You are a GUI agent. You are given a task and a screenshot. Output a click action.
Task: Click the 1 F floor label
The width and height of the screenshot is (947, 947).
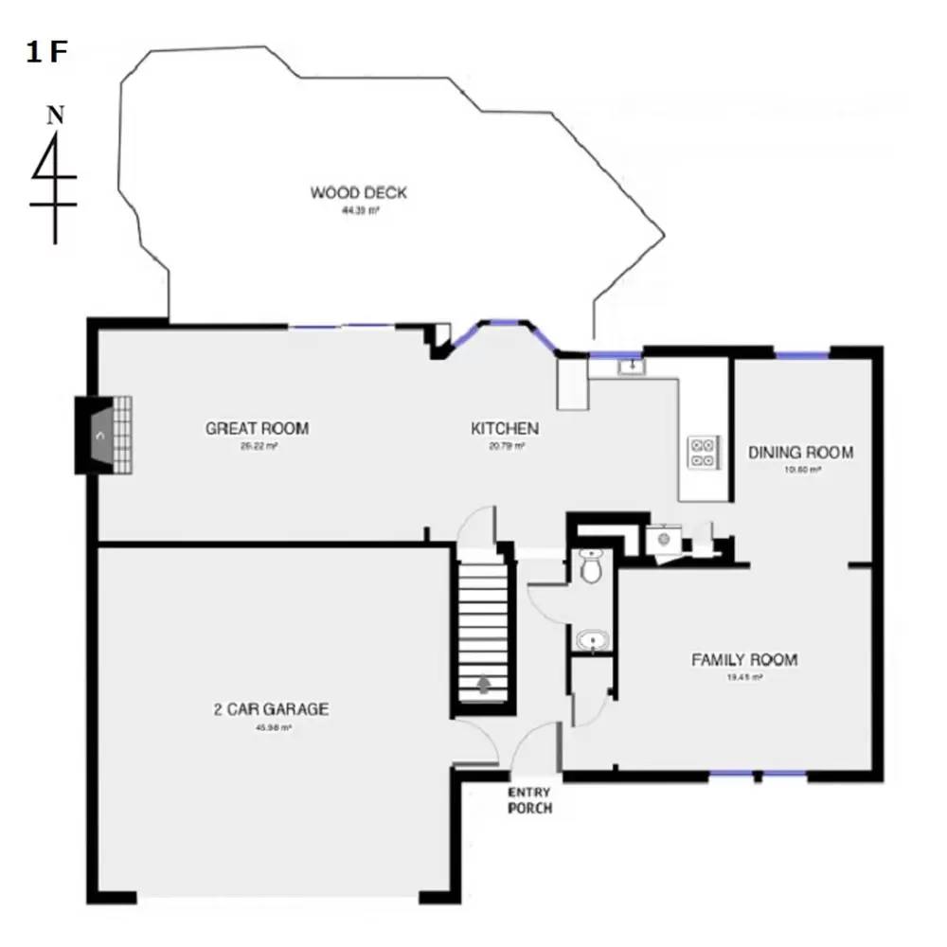(46, 53)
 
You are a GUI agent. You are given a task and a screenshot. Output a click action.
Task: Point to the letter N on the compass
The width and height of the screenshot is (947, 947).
(56, 116)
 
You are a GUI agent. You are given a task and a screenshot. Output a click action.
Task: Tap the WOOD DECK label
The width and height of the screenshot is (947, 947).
(359, 193)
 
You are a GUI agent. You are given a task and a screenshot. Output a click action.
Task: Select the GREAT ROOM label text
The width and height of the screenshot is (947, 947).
(257, 428)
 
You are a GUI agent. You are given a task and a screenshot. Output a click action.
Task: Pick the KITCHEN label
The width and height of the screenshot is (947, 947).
(505, 429)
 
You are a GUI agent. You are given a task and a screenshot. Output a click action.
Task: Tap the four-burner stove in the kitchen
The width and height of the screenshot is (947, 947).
(703, 451)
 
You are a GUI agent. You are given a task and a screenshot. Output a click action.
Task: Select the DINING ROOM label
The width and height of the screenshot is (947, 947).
(801, 453)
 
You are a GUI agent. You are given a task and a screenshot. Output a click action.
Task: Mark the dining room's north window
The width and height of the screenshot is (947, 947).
(802, 355)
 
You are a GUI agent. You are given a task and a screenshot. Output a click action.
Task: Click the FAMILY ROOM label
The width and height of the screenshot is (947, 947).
(744, 660)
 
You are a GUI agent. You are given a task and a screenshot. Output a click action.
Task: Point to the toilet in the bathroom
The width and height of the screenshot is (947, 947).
(592, 567)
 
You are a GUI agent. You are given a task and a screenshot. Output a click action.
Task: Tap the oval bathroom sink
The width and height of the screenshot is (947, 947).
(593, 640)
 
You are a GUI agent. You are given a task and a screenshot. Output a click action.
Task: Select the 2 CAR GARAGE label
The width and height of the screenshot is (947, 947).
(271, 709)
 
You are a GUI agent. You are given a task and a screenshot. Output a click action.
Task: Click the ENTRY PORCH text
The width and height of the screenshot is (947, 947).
(529, 800)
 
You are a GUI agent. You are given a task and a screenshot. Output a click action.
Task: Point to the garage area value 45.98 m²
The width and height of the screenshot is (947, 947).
(273, 728)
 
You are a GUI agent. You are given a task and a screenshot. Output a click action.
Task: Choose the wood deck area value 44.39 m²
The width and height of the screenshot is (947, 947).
(360, 212)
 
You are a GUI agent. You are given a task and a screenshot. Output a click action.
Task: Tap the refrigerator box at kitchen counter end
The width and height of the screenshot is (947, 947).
(573, 384)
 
